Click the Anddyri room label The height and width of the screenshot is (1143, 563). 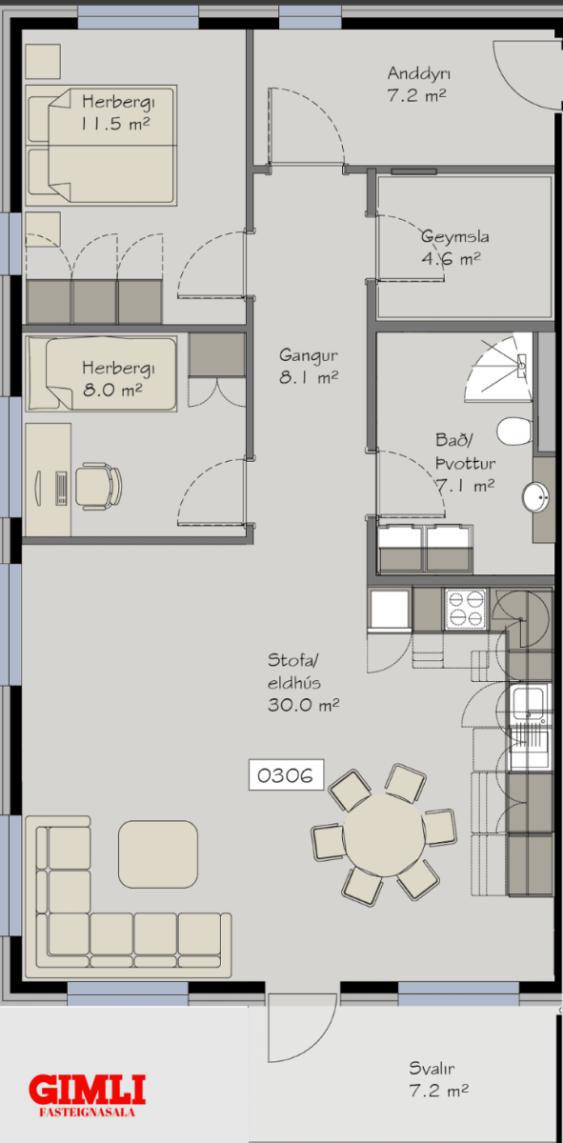(417, 84)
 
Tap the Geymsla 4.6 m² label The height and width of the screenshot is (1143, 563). (454, 248)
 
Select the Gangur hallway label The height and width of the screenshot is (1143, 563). (309, 366)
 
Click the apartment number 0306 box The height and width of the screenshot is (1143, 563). (286, 774)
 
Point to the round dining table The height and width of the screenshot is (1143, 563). (383, 834)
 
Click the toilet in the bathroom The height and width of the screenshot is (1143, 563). (514, 431)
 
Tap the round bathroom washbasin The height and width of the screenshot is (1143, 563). (535, 496)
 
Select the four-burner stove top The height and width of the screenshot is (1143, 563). (465, 609)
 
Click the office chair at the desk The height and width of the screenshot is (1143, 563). (98, 486)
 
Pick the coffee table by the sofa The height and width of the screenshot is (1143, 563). (158, 854)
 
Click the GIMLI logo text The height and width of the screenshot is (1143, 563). (88, 1089)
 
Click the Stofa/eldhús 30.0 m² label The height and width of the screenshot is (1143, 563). (303, 682)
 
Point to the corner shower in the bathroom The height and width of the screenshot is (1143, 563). (500, 368)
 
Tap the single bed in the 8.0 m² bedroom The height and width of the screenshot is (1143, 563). (101, 373)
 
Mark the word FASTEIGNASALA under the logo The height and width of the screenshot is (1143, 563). (88, 1113)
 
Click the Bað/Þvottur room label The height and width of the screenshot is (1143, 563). (465, 462)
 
